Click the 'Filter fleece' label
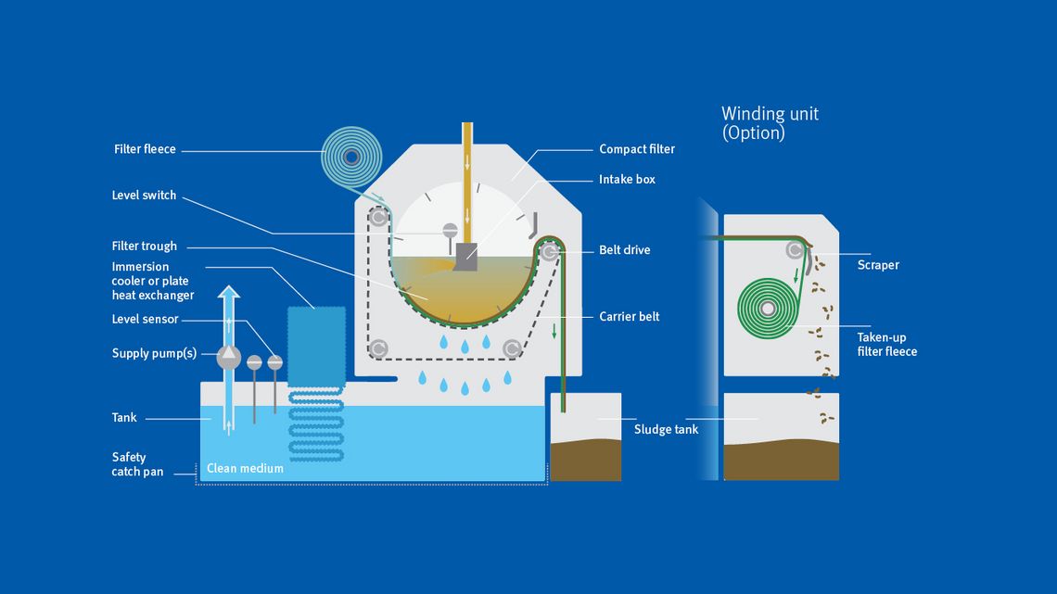[x=145, y=149]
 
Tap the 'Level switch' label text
[x=144, y=196]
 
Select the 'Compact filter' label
[x=636, y=149]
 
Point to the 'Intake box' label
[x=627, y=179]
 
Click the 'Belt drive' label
[x=624, y=250]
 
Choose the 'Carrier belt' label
[x=629, y=317]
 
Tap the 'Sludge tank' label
[x=666, y=429]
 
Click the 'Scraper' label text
[x=878, y=265]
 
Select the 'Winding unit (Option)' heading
[x=770, y=123]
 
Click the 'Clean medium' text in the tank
[x=245, y=468]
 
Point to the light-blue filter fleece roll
[x=351, y=158]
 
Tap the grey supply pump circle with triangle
[x=228, y=356]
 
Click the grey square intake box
[x=465, y=258]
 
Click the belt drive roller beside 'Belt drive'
[x=550, y=251]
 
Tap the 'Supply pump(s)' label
[x=154, y=353]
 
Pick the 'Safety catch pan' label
[x=137, y=464]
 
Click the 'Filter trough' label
[x=144, y=246]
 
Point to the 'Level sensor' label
[x=145, y=320]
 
